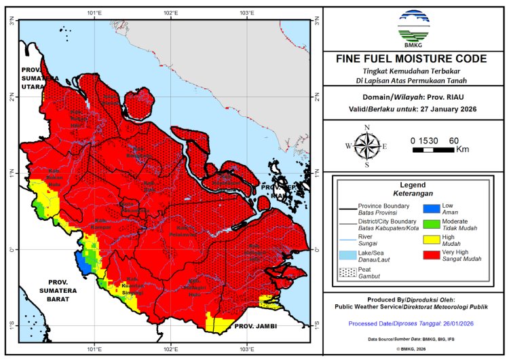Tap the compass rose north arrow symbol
point(366,145)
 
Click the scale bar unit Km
point(462,149)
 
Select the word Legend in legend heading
point(412,184)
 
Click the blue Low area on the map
point(81,259)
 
